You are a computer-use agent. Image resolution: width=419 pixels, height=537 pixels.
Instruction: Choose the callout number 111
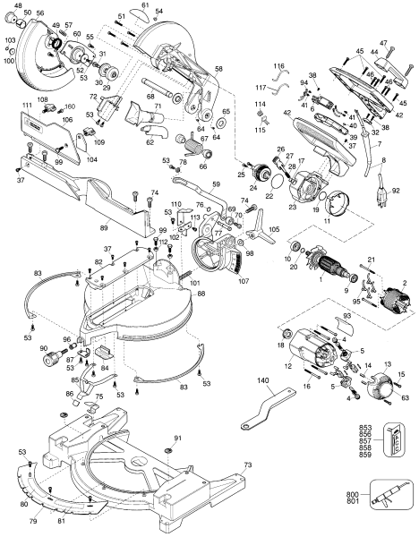(29, 105)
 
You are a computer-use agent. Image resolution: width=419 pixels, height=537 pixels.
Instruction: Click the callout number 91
(177, 438)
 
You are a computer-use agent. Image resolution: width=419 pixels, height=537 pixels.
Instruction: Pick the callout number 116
(278, 67)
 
